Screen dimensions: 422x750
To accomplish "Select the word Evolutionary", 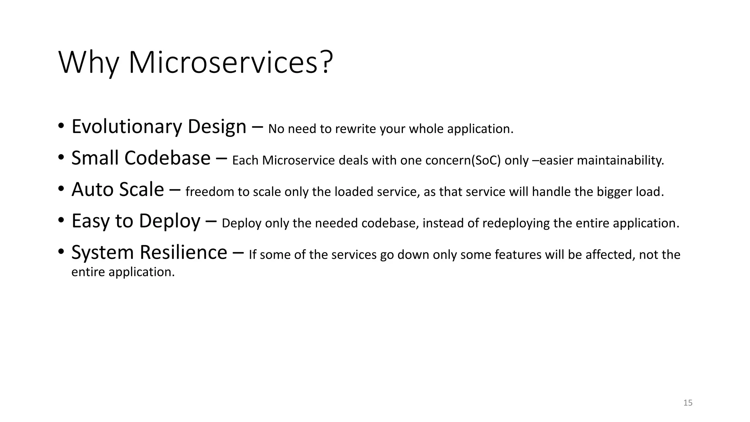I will pyautogui.click(x=127, y=127).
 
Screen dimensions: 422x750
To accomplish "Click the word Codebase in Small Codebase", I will pyautogui.click(x=167, y=158).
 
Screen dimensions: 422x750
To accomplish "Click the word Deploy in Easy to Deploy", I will pyautogui.click(x=170, y=221).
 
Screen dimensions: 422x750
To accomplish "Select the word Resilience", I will pyautogui.click(x=183, y=253).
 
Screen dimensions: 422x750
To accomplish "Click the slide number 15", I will pyautogui.click(x=688, y=403).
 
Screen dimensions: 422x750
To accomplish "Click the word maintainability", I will pyautogui.click(x=620, y=160).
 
